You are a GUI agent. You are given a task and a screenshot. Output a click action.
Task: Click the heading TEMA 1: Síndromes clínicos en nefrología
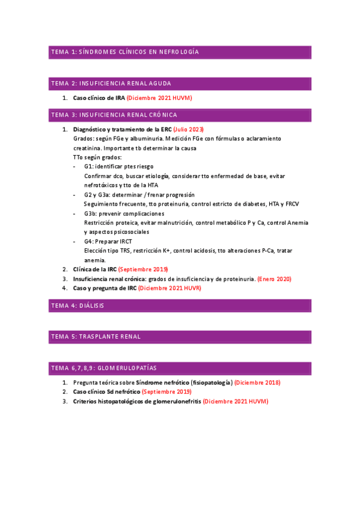pos(125,52)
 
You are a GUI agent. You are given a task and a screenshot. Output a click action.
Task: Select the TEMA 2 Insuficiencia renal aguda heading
pos(120,83)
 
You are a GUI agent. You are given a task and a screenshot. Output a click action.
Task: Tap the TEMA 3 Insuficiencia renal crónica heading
pos(123,114)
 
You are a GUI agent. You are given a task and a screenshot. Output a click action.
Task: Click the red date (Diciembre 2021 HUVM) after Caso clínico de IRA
pos(159,98)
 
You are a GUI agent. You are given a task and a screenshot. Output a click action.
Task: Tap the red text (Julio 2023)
pos(188,129)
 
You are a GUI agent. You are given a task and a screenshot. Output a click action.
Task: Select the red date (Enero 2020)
pos(275,279)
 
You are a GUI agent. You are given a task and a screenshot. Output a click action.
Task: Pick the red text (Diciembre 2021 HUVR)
pos(169,288)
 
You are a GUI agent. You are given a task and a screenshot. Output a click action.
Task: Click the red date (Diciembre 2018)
pos(257,382)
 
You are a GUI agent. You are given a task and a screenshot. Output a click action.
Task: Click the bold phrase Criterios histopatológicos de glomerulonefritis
pos(136,401)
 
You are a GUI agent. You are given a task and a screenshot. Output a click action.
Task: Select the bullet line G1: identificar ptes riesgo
pos(118,166)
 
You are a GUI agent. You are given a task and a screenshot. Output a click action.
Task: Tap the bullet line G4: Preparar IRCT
pos(109,241)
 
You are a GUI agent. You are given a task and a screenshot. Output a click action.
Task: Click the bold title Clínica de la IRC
pos(94,269)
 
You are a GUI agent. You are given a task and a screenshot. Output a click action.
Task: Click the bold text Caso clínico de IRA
pos(99,98)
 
